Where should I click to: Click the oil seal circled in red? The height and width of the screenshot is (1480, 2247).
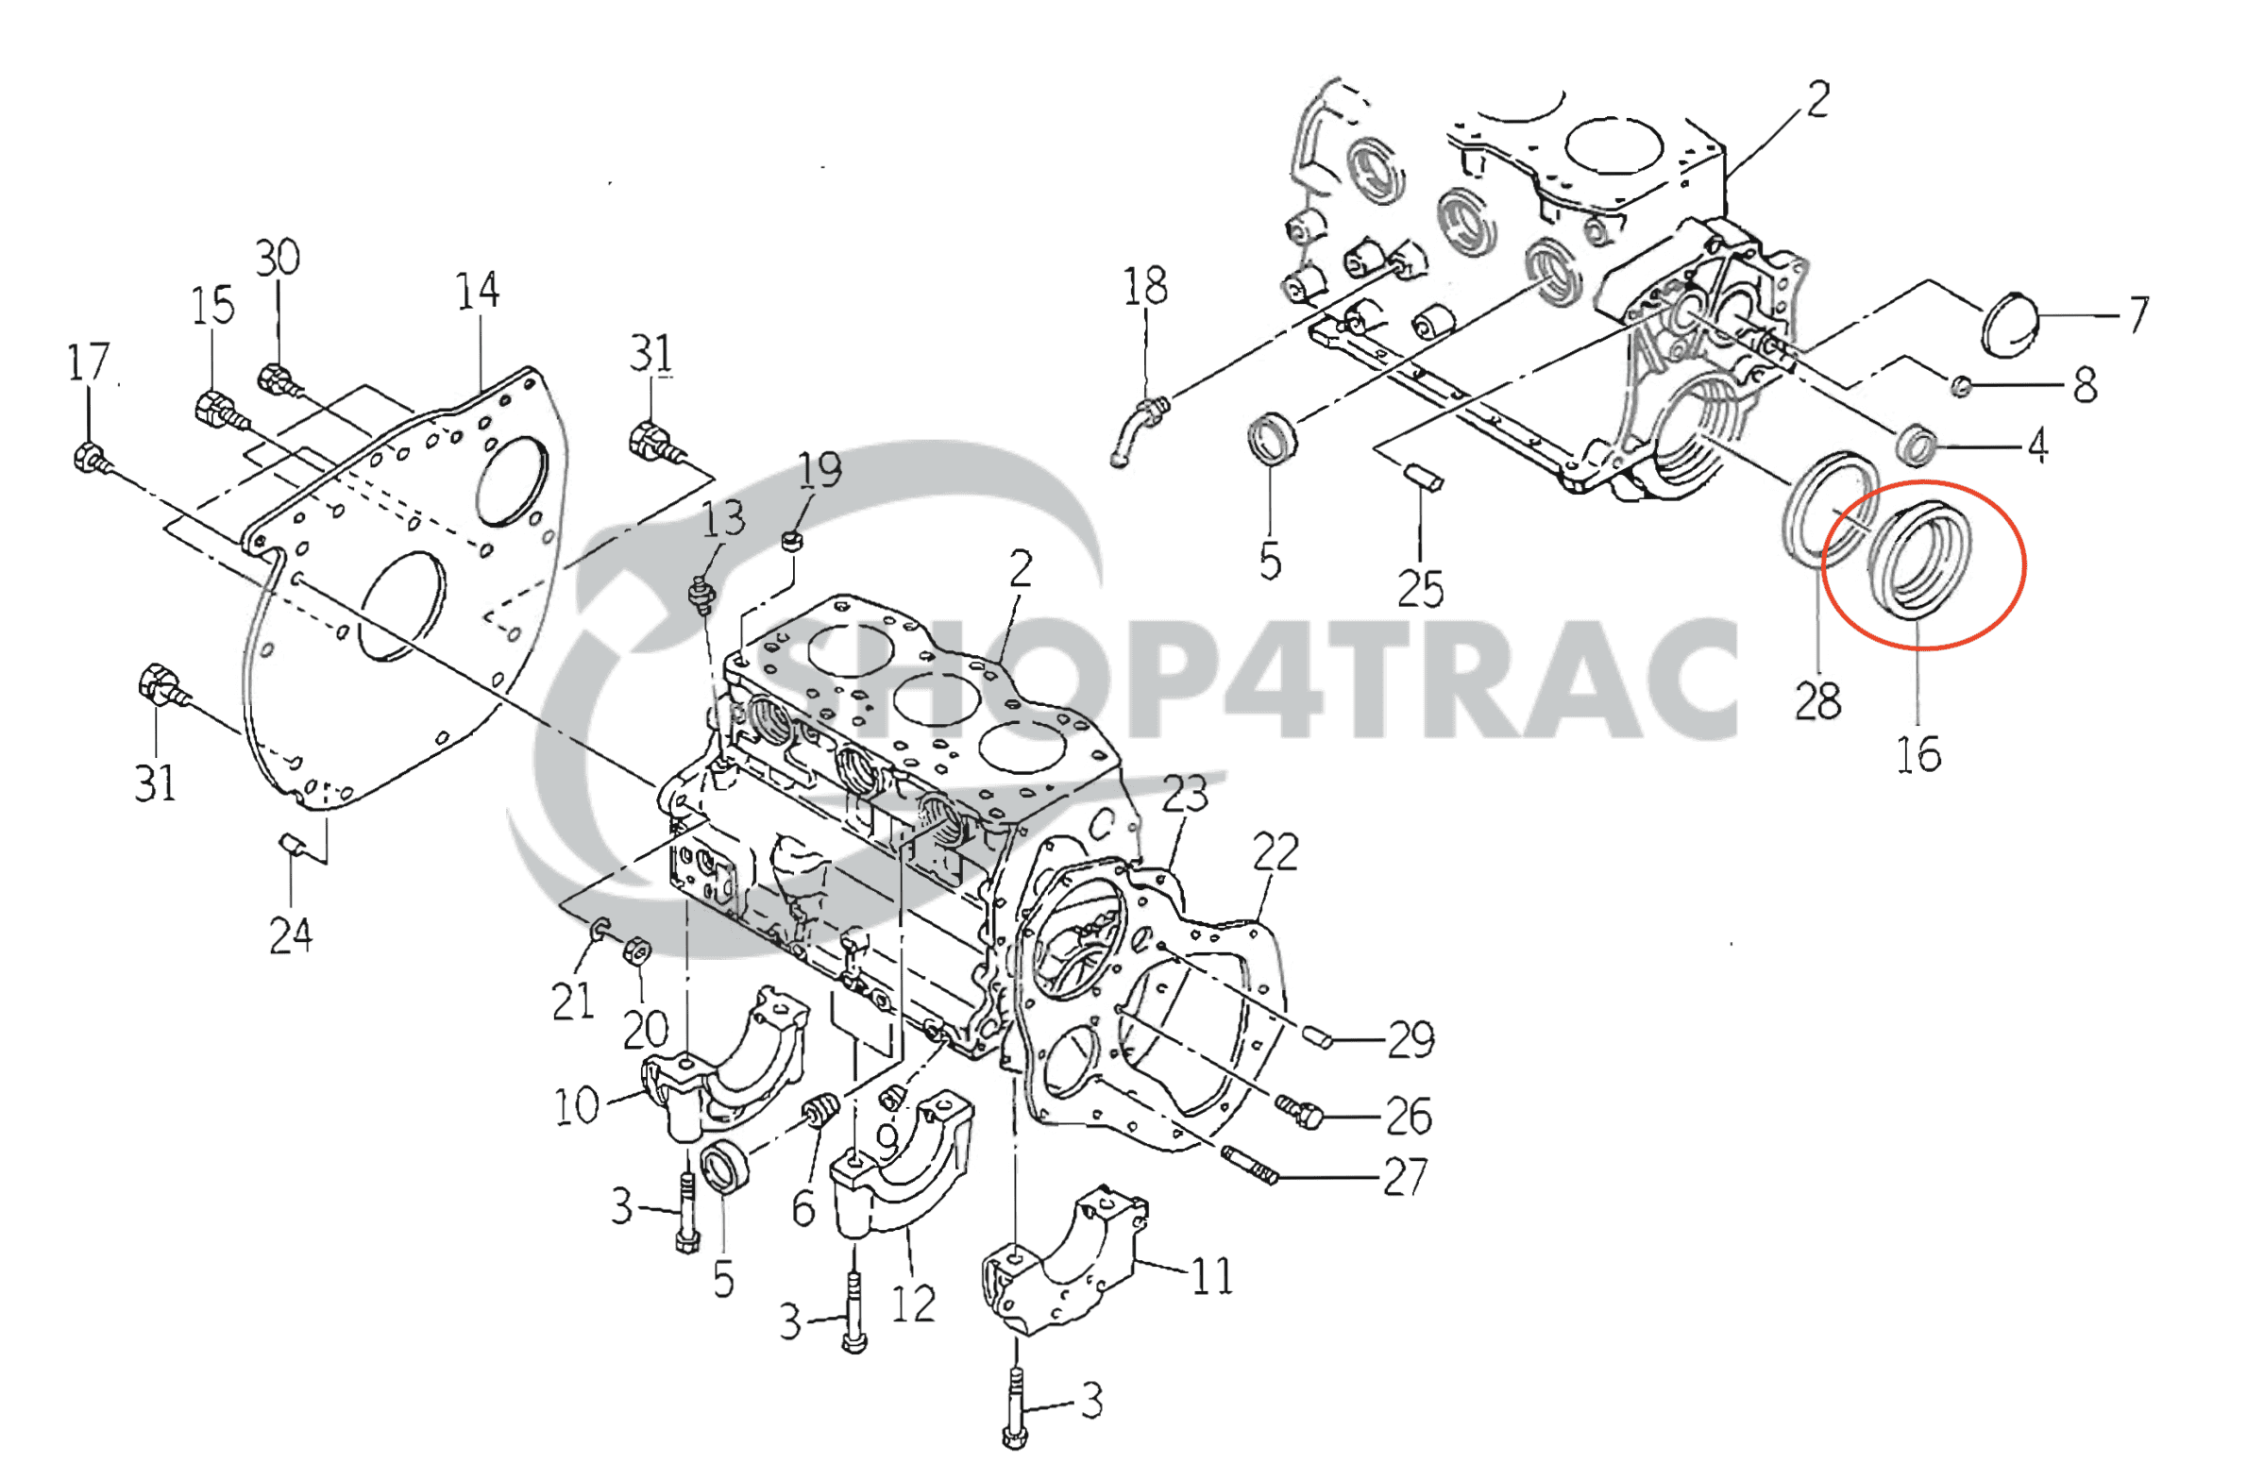point(1920,563)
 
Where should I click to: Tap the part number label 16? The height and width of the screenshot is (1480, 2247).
point(1918,754)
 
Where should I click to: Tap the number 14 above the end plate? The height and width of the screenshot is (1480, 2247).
point(478,291)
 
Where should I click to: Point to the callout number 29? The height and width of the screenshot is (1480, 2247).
point(1411,1039)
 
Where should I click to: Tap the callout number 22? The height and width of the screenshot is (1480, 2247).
point(1276,852)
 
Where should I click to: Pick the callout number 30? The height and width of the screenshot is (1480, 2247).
point(278,257)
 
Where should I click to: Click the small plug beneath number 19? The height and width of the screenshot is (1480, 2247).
point(792,541)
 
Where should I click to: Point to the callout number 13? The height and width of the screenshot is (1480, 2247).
point(723,517)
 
